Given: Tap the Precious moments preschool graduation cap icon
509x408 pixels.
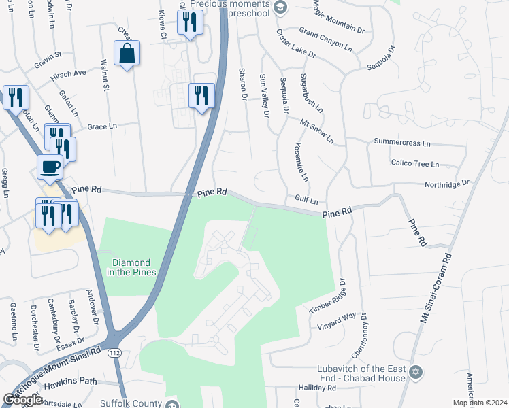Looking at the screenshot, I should tap(280, 7).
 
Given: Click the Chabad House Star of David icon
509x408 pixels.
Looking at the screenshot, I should tap(416, 373).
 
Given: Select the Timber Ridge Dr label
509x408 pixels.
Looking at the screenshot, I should tap(328, 297).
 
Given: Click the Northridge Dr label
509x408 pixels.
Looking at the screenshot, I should tap(447, 184).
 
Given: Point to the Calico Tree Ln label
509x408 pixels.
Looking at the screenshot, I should tap(415, 163).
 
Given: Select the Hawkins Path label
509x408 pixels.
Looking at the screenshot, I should tap(71, 382).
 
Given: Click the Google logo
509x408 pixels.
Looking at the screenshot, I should tap(22, 400).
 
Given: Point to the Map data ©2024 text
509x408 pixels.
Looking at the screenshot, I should tap(480, 403).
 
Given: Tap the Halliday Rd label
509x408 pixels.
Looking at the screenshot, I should tap(317, 388).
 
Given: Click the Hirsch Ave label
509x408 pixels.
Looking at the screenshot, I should tap(70, 72).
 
